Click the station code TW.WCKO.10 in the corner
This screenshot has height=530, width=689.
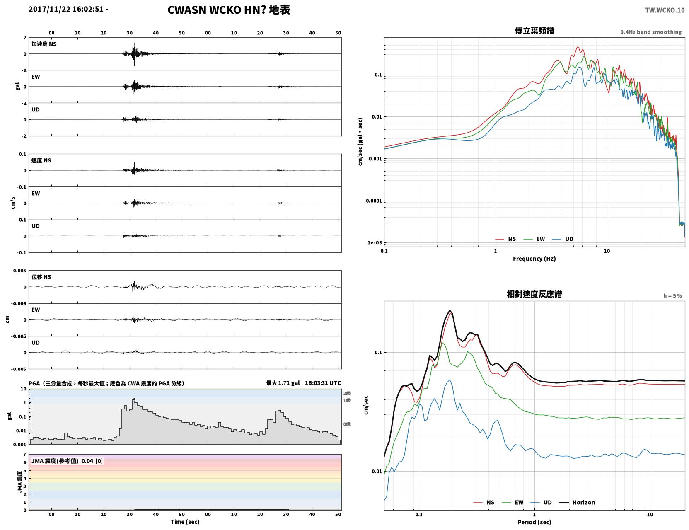tap(665, 10)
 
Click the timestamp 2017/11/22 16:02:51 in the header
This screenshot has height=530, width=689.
tap(66, 9)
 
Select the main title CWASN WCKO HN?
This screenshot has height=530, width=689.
tap(217, 10)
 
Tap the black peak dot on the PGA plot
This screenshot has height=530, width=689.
tap(134, 399)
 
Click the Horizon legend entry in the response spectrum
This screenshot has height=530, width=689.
tap(577, 502)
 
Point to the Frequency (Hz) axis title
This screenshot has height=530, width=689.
tap(534, 259)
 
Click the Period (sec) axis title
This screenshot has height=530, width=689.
tap(534, 522)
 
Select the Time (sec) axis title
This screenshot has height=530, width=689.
tap(185, 522)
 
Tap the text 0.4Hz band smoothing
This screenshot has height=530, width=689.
tap(651, 32)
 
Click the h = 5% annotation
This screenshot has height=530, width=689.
tap(672, 296)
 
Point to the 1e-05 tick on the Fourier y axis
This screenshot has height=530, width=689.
tap(375, 243)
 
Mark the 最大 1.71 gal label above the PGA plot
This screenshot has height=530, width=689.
tap(283, 383)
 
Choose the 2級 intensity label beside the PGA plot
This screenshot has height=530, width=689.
tap(347, 393)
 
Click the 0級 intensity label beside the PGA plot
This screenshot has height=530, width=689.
tap(347, 424)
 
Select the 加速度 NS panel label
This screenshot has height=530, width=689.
tap(44, 44)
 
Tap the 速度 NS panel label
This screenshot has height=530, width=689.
tap(41, 160)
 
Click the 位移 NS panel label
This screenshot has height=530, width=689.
tap(41, 277)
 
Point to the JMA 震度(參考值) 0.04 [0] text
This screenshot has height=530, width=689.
tap(67, 461)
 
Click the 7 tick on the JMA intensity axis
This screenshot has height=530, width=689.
tap(25, 455)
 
